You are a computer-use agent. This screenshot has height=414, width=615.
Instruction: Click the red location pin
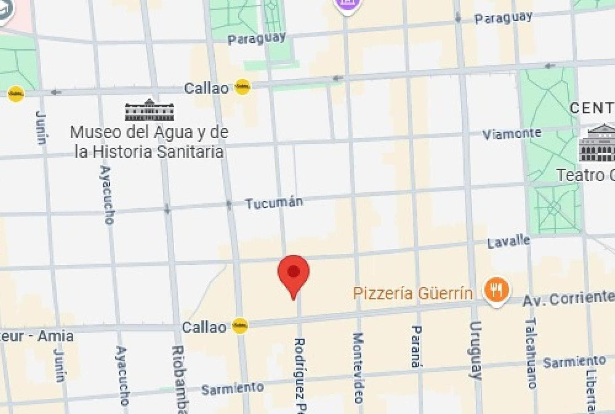293,274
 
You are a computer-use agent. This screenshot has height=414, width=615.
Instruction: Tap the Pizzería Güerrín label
413,293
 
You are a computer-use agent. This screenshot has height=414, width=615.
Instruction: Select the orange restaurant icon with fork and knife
497,290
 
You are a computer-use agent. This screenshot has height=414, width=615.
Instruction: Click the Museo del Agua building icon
149,110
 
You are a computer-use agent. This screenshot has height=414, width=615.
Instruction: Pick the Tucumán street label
274,203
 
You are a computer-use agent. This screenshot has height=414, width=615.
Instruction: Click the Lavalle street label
509,242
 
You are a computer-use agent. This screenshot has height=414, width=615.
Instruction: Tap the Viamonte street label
511,134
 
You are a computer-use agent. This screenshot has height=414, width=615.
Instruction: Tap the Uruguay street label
475,350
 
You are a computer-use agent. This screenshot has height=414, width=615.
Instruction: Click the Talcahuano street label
531,352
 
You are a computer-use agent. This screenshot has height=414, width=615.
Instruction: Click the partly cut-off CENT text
592,108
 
